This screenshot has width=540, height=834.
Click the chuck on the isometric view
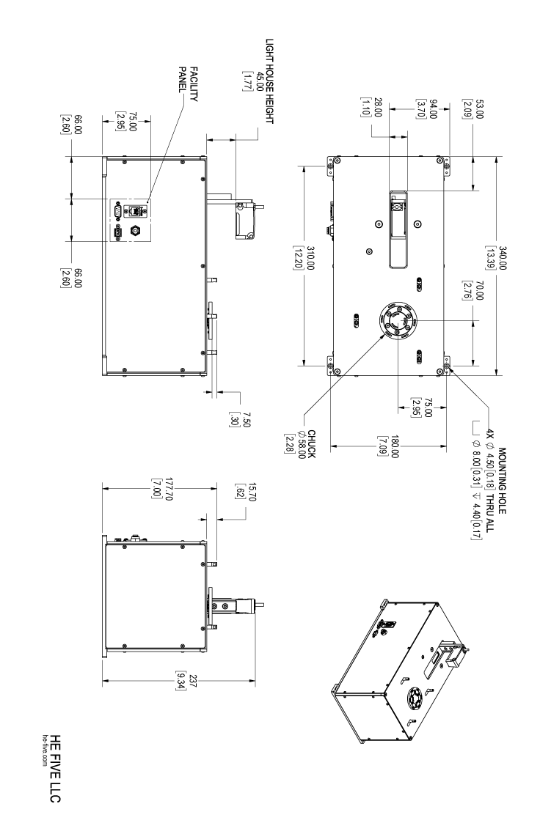(x=415, y=698)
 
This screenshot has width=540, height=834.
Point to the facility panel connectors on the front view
(x=125, y=220)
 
